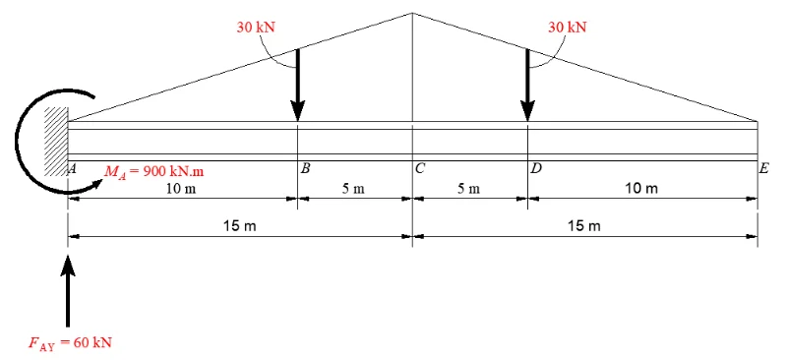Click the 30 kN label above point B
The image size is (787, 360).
(256, 28)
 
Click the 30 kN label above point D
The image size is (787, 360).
(568, 28)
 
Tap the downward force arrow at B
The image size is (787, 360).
(298, 85)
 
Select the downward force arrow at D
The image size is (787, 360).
(527, 85)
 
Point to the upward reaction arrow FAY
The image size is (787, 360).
(68, 291)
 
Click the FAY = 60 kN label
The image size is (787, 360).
(70, 343)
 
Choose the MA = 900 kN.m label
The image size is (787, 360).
(154, 172)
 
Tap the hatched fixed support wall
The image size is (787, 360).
(56, 141)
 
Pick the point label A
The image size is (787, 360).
(72, 169)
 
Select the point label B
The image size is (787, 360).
(305, 169)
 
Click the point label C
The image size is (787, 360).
(420, 169)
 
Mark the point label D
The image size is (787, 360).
(536, 169)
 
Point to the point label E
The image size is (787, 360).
(763, 169)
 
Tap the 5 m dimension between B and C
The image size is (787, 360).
(354, 189)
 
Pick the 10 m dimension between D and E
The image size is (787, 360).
(641, 189)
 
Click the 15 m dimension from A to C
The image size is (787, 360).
(240, 226)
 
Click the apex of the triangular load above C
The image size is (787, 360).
(412, 13)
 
